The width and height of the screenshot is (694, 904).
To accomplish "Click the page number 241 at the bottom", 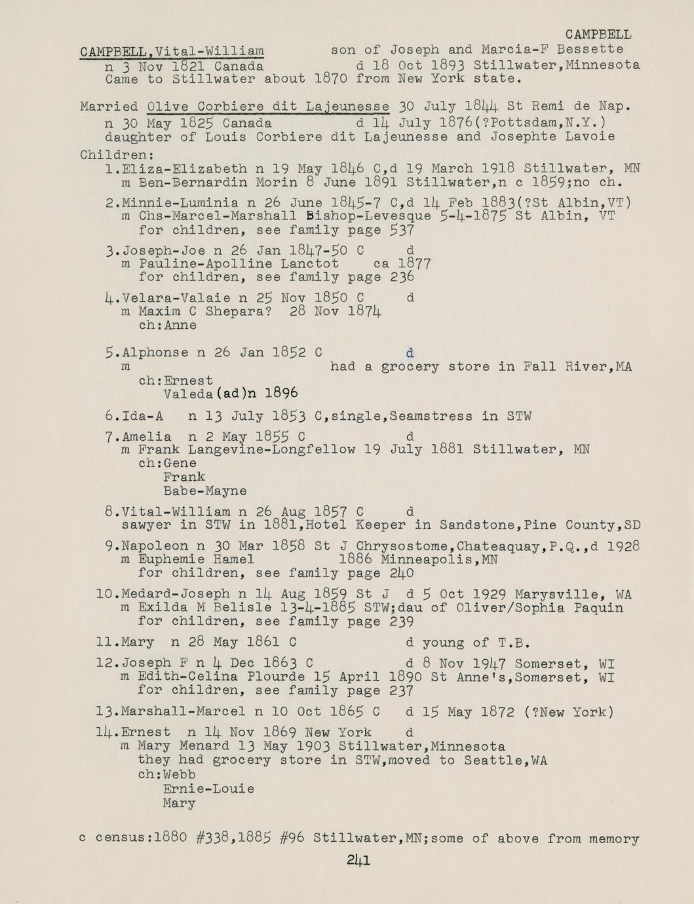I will coord(358,860).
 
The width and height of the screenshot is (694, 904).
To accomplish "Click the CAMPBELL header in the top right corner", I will coord(598,35).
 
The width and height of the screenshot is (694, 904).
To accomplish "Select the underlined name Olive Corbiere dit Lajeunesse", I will coord(269,106).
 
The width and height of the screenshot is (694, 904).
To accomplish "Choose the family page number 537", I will coord(402,230).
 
